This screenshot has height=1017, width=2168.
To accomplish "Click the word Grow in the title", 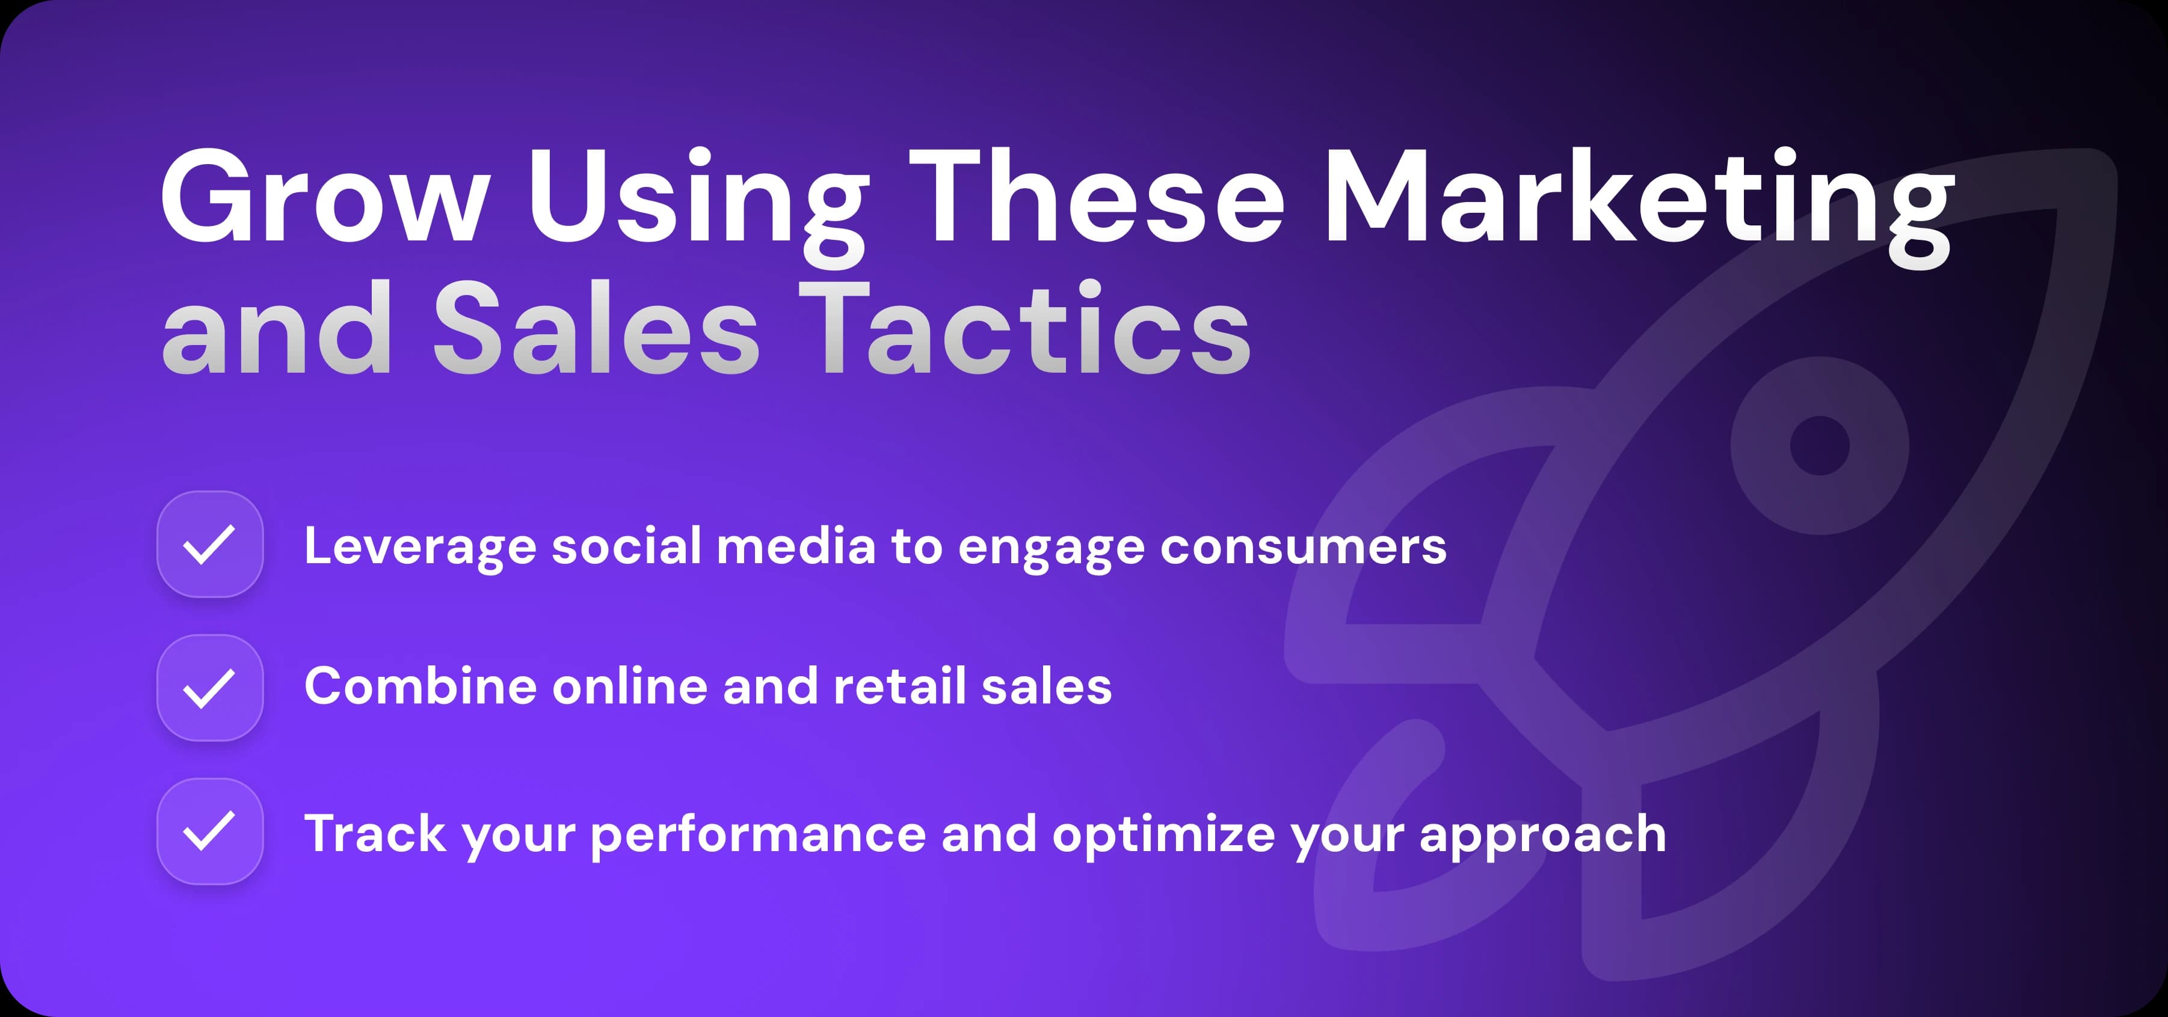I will [324, 198].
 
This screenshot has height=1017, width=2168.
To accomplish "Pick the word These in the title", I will [1095, 198].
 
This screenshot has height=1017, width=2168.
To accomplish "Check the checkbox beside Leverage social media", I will [209, 544].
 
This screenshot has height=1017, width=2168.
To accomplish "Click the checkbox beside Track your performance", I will [209, 831].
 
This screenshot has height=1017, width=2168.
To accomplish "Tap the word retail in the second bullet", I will [899, 686].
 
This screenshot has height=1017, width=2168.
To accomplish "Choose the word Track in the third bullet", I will [375, 834].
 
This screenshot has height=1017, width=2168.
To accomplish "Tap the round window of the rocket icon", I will [1820, 445].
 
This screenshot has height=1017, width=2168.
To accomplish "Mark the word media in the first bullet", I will [796, 547].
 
